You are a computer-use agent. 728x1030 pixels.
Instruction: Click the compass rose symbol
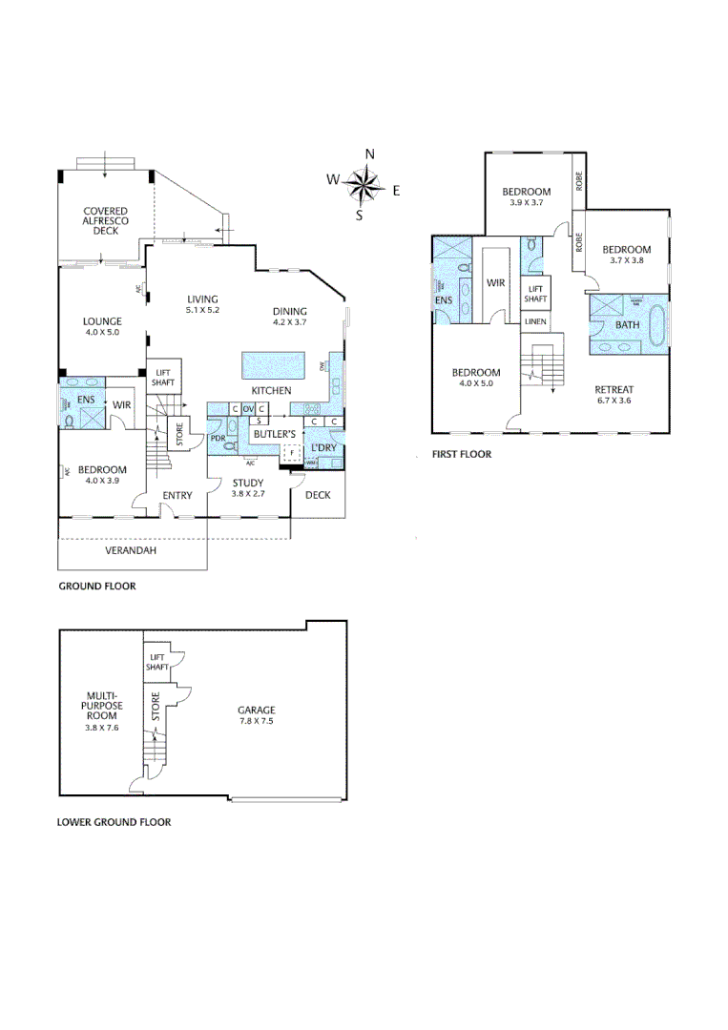coord(363,183)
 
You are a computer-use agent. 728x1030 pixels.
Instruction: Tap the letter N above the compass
coord(370,154)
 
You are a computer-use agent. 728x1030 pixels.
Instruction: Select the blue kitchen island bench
coord(273,364)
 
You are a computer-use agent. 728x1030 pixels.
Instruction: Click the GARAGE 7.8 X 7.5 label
coord(257,715)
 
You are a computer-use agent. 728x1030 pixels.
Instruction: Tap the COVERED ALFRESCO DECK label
coord(105,221)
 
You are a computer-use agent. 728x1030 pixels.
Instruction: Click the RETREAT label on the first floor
coord(614,394)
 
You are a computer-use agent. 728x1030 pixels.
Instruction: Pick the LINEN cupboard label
coord(535,321)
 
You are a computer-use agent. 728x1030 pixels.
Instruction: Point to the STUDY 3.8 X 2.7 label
coord(247,488)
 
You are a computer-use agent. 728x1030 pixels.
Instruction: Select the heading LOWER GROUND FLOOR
coord(114,821)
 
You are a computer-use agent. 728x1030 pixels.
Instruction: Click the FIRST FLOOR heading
coord(462,455)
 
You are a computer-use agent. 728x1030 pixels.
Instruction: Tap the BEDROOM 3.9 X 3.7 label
coord(527,196)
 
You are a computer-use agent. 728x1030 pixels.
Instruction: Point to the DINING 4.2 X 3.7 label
coord(290,317)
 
